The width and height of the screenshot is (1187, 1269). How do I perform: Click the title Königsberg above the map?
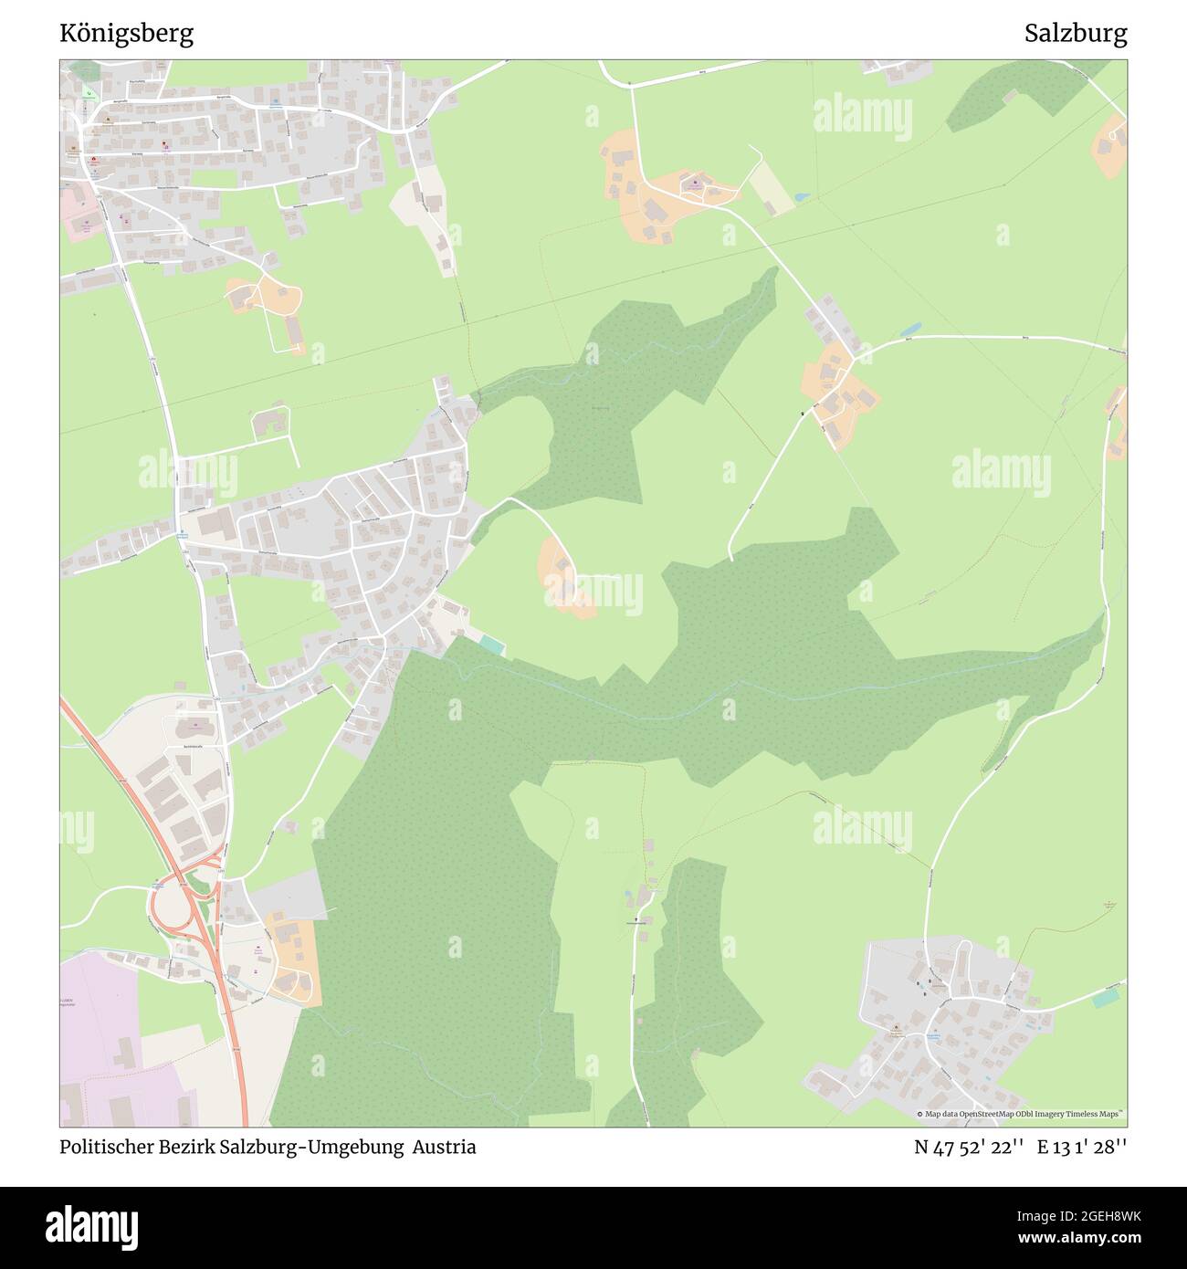point(126,34)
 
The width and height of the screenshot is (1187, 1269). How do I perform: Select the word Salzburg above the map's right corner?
point(1075,34)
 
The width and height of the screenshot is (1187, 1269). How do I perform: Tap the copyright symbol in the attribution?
point(920,1114)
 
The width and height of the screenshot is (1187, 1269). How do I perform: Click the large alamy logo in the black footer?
point(94,1225)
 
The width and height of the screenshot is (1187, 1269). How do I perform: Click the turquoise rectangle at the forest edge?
point(491,645)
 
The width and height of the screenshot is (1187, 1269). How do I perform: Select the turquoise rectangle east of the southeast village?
point(1105,998)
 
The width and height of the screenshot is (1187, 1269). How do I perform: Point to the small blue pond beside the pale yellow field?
point(801,196)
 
